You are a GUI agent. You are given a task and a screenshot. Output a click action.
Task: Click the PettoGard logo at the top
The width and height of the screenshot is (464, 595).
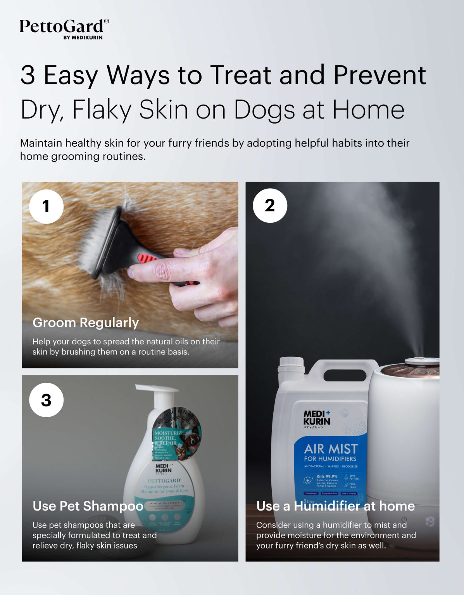coord(62,26)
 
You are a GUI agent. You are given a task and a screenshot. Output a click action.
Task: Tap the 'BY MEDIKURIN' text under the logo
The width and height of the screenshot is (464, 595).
coord(83,38)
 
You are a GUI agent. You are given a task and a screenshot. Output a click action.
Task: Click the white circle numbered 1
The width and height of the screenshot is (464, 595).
coord(46,206)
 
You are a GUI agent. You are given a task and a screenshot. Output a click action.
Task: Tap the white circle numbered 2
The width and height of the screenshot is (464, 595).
coord(270,205)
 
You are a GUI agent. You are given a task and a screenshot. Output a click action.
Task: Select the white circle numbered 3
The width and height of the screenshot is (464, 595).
coord(46,400)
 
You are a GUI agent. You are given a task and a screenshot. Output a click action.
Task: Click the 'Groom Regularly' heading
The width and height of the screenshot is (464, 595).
coord(86,322)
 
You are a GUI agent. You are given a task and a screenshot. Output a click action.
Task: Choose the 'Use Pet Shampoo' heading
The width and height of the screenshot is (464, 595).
coord(88,506)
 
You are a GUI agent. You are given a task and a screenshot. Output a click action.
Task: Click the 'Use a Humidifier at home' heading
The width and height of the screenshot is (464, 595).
coord(335,506)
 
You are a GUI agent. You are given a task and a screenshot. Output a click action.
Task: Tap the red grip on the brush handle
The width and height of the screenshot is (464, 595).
coord(148,258)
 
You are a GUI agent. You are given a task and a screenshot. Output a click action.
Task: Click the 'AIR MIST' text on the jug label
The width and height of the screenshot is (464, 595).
coord(331,449)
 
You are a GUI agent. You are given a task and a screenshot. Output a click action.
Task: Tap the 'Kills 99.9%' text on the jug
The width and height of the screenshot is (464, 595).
coord(327,476)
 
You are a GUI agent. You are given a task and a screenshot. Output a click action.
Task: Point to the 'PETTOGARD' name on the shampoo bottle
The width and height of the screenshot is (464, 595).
coord(164,480)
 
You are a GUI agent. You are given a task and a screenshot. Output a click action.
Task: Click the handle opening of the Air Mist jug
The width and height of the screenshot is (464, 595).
coord(345,375)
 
